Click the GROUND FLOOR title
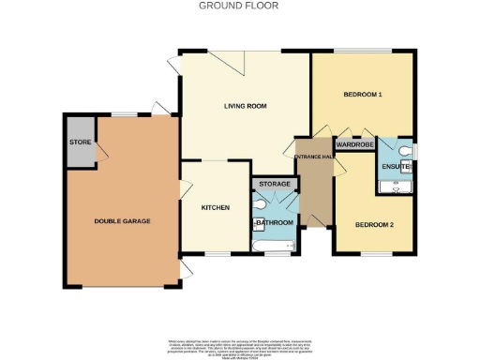[239, 6]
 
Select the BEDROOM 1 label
[362, 95]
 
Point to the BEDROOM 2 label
[373, 225]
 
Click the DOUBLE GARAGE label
[122, 221]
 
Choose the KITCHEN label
[216, 207]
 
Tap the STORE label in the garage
[79, 142]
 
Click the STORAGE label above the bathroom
[274, 184]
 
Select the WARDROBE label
[355, 145]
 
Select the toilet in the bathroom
[258, 203]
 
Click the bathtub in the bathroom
[275, 246]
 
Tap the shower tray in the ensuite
[395, 187]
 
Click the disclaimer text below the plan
[239, 344]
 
